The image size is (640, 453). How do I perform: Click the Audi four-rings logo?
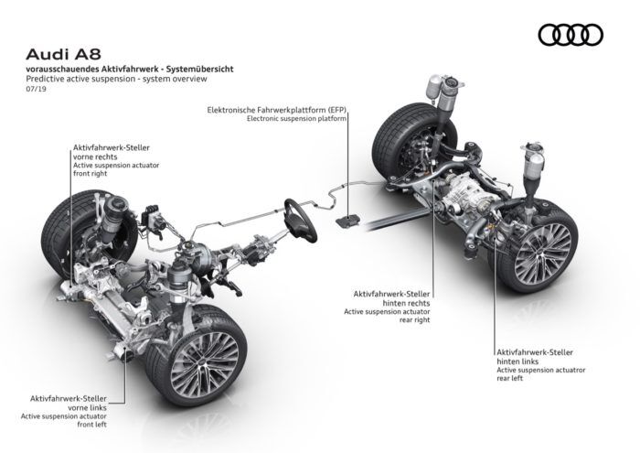(571, 35)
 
